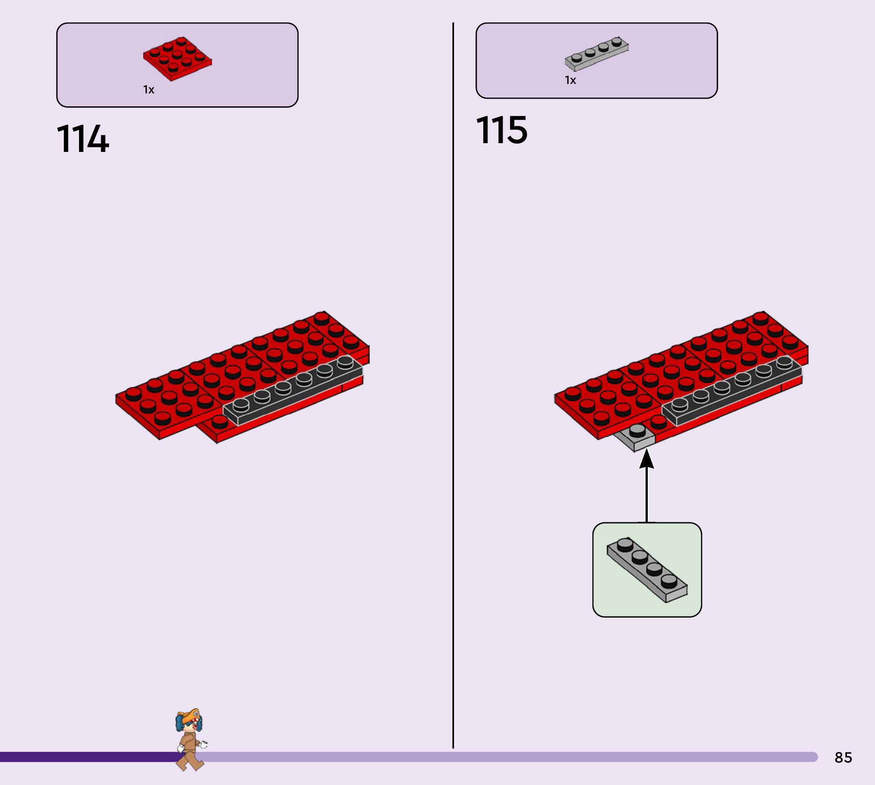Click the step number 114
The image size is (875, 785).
point(83,139)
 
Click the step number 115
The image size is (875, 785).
point(502,130)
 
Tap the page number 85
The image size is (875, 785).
point(843,757)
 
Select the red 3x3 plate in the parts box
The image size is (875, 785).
point(177,58)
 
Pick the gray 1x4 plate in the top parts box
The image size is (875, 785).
point(597,53)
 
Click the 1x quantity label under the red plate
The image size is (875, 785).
point(149,90)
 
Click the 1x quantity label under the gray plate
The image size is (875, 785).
point(570,80)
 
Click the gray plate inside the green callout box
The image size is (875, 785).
point(647,569)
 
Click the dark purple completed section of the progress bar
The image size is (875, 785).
point(86,757)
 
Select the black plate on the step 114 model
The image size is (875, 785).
point(293,390)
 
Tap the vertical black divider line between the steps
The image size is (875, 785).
point(453,388)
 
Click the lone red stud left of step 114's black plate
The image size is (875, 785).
point(220,421)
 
